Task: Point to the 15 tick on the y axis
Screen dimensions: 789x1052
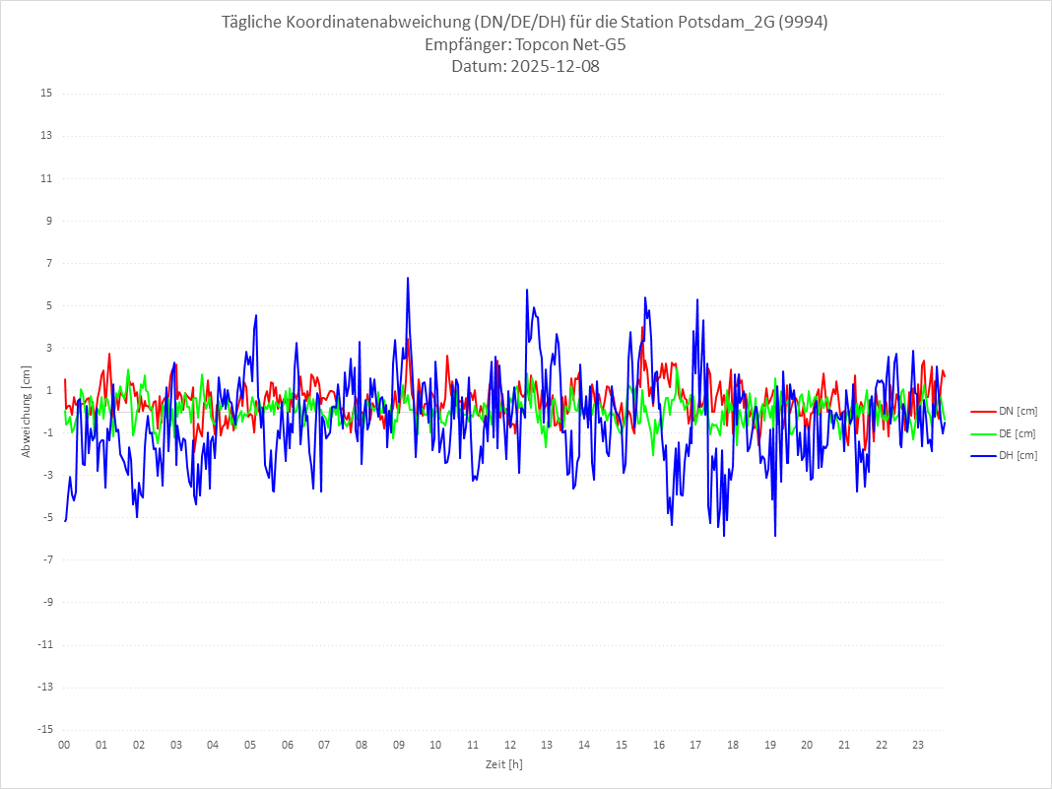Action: point(46,94)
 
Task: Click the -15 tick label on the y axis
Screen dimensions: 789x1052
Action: point(44,729)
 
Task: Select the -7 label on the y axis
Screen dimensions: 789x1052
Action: point(46,559)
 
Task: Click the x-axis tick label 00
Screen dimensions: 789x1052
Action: point(64,745)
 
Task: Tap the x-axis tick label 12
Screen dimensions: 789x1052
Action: point(510,745)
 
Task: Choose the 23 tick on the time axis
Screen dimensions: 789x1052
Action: point(918,745)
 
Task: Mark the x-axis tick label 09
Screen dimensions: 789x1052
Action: point(398,745)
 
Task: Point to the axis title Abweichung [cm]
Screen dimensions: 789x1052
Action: point(27,411)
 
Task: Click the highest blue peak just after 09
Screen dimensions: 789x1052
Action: point(407,279)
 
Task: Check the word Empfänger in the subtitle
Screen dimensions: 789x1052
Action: point(467,45)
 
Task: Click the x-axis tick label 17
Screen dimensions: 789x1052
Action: point(695,745)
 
